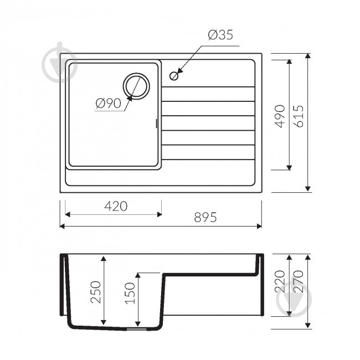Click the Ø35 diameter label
point(220,35)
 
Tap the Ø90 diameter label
point(108,104)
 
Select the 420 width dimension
point(116,206)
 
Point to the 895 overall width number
point(205,217)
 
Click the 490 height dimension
point(280,116)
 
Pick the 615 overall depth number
point(299,116)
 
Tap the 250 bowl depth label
point(96,292)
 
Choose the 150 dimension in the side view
point(130,293)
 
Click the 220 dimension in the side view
point(280,281)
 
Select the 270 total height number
point(299,281)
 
